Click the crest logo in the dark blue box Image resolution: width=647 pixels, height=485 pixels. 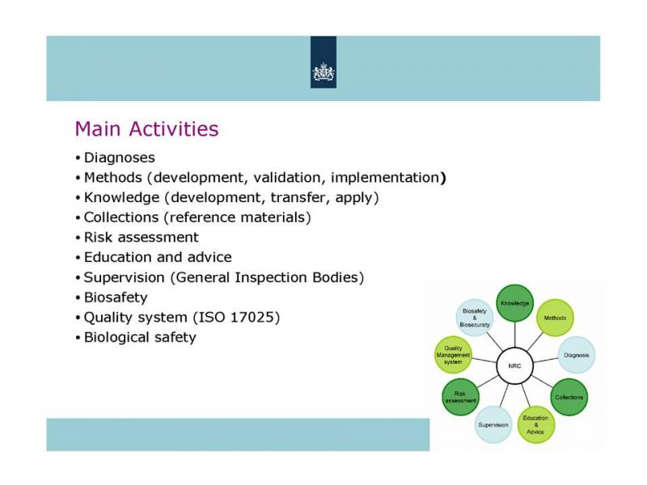(323, 72)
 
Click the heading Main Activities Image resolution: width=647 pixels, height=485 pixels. (146, 129)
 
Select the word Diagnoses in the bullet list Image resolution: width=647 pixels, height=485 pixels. (119, 158)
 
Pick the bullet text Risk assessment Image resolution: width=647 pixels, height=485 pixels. (141, 237)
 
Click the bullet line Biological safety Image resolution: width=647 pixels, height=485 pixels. (140, 337)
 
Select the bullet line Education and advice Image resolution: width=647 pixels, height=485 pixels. (158, 257)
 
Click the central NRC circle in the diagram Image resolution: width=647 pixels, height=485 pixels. (514, 366)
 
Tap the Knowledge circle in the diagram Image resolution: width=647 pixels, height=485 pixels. (514, 303)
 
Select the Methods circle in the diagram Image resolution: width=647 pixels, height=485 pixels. (555, 318)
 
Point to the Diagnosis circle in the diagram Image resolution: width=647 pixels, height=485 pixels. (577, 355)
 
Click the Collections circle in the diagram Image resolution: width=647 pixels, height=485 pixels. (569, 397)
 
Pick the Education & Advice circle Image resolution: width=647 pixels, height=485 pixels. (535, 425)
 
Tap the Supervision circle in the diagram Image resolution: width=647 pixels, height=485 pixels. (493, 425)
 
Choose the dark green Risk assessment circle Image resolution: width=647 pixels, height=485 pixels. (460, 397)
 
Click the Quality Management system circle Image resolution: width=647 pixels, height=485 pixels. (453, 355)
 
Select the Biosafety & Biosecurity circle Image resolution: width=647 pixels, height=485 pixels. (475, 318)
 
